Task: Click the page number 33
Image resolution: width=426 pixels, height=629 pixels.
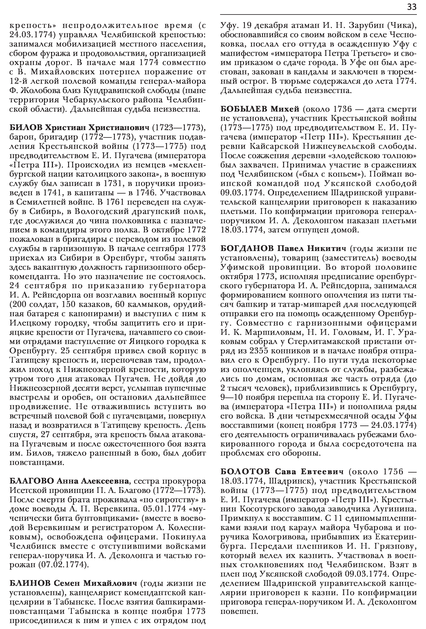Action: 411,7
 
